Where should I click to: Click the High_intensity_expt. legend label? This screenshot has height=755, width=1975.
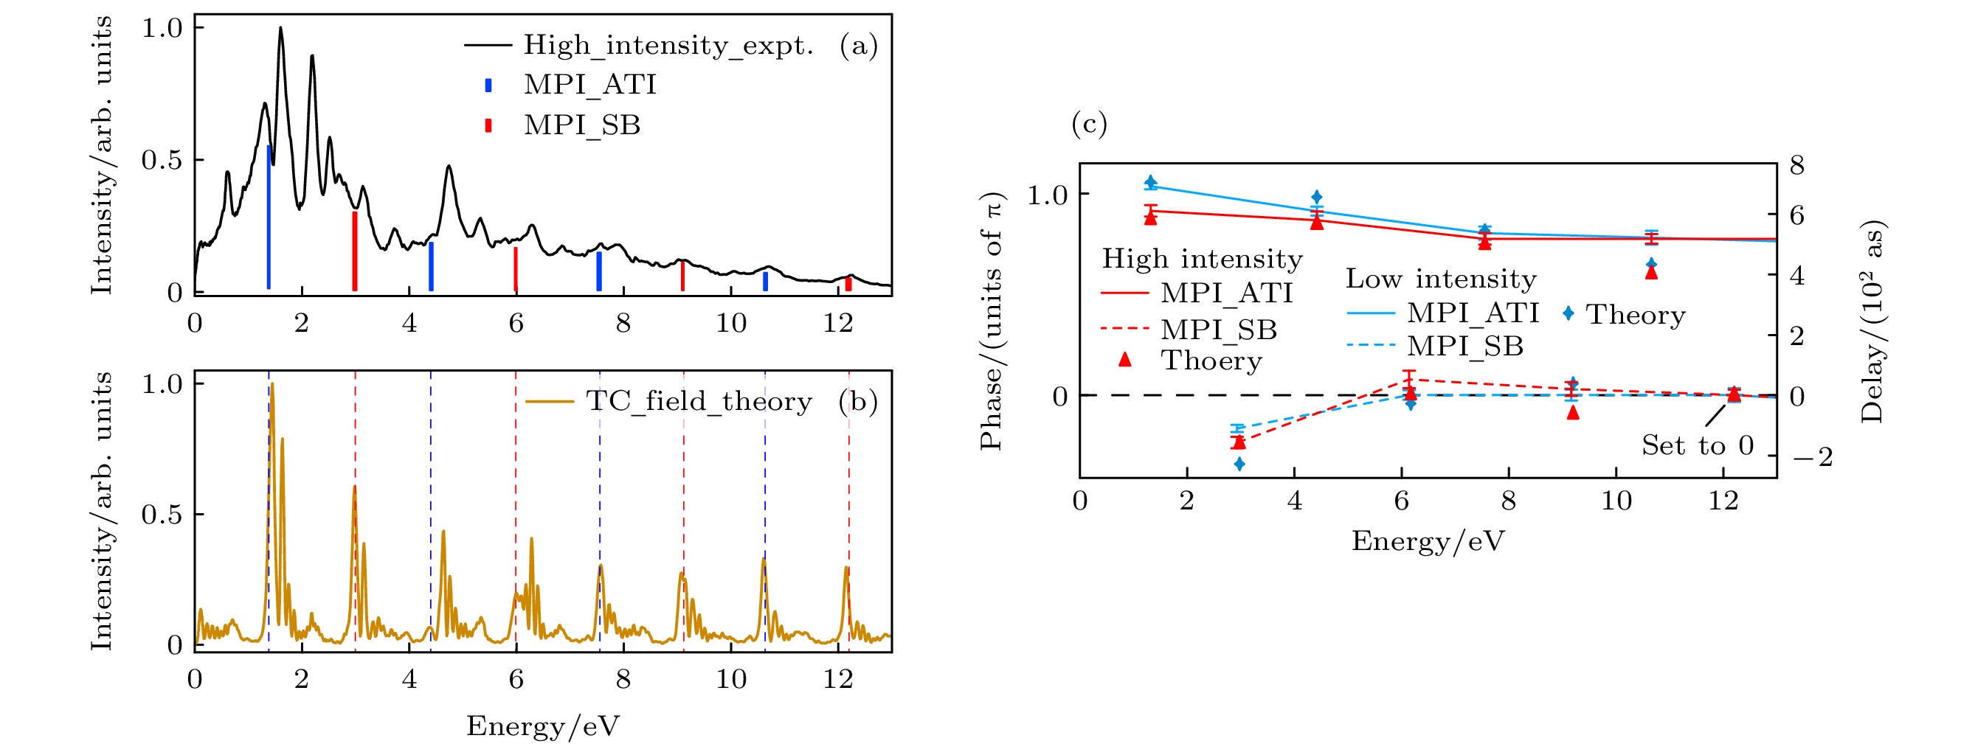pos(668,45)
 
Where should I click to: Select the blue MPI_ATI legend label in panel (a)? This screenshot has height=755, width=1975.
pos(589,84)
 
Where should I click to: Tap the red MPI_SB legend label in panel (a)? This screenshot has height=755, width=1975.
pos(581,125)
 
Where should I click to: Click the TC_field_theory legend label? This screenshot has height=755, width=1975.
pos(699,401)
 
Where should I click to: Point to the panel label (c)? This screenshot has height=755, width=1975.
pos(1089,123)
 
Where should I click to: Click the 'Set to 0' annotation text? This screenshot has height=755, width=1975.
pos(1698,445)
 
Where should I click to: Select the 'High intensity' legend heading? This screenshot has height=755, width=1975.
pos(1201,259)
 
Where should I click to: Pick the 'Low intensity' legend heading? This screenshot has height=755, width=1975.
pos(1441,279)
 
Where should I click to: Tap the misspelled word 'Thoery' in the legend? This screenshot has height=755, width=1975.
pos(1211,361)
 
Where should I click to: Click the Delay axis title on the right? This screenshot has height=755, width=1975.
pos(1872,322)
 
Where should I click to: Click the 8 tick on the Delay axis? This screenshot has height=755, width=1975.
pos(1796,165)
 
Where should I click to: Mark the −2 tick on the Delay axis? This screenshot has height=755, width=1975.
pos(1813,458)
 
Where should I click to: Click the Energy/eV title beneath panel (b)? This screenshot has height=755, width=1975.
pos(543,725)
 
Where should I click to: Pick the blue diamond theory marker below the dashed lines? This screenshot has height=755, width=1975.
pos(1239,464)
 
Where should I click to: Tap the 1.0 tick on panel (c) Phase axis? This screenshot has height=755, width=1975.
pos(1048,195)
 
